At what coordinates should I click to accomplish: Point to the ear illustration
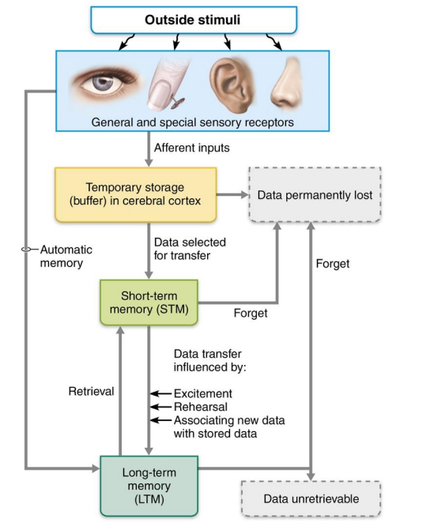pos(230,84)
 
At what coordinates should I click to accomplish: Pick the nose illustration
pos(285,84)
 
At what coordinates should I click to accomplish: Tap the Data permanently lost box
pos(315,193)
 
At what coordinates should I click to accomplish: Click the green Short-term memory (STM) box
pos(148,302)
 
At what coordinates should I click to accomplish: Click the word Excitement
pos(202,393)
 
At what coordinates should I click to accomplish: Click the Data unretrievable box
pos(311,498)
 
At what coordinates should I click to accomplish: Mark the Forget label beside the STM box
pos(251,313)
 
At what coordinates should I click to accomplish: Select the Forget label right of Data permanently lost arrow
pos(332,264)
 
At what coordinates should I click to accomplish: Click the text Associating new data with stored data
pos(228,426)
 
